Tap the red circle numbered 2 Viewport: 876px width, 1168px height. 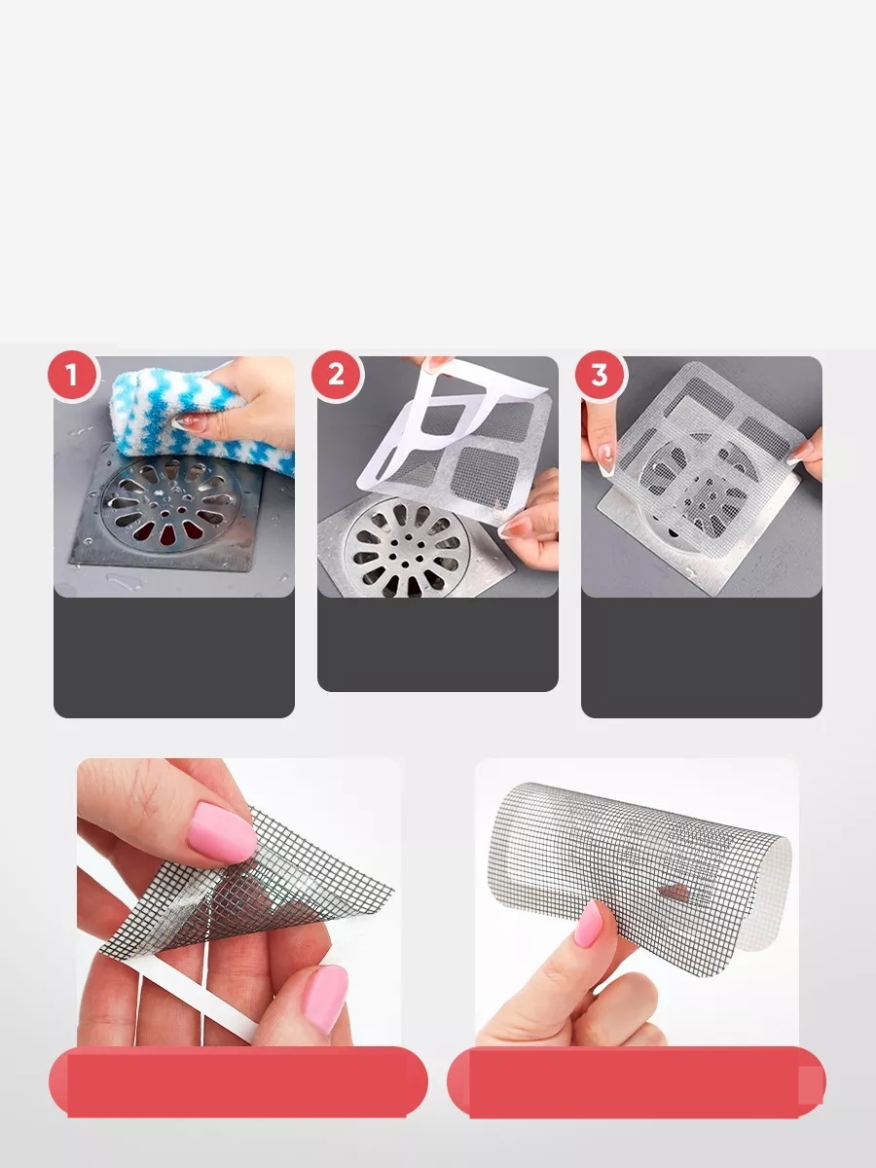[x=336, y=374]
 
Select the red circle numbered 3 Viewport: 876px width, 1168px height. [x=600, y=374]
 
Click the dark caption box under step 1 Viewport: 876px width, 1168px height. [x=173, y=657]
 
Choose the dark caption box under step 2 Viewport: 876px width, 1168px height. [x=438, y=643]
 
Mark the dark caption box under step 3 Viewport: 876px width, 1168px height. [x=702, y=657]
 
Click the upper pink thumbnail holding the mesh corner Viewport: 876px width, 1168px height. [x=221, y=832]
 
